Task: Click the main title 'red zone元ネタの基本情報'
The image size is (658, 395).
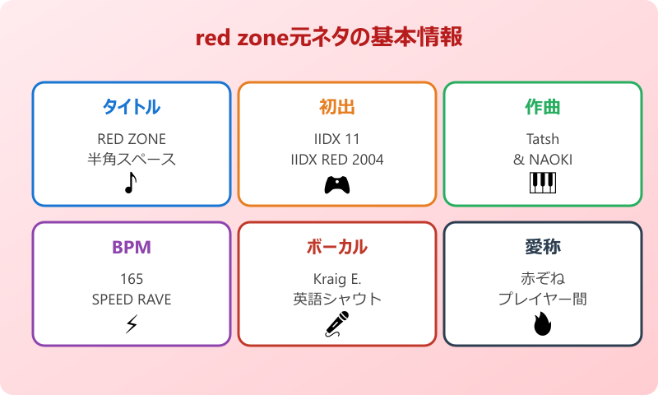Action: tap(329, 39)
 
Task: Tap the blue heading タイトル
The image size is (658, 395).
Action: tap(132, 107)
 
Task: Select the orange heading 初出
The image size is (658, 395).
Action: tap(337, 107)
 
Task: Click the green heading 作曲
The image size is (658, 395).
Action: tap(543, 107)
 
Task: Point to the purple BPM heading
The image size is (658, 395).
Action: tap(132, 247)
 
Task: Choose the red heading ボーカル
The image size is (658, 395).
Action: tap(337, 247)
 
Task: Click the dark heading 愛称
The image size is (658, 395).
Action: tap(543, 247)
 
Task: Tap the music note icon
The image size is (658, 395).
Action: tap(131, 183)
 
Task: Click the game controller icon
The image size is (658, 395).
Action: tap(337, 184)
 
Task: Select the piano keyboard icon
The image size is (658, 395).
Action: tap(543, 183)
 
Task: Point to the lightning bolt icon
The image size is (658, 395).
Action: tap(132, 324)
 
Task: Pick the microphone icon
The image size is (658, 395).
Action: tap(337, 324)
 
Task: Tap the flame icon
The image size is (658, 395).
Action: tap(543, 324)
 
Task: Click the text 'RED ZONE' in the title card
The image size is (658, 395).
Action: tap(132, 138)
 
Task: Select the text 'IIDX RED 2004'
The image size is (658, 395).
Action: tap(337, 159)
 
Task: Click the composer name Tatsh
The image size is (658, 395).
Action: tap(543, 138)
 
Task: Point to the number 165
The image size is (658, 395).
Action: tap(132, 278)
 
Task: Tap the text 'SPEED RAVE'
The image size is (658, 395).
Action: tap(132, 299)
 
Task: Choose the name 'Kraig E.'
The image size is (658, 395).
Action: tap(337, 278)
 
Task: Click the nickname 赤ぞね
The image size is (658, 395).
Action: tap(543, 278)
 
